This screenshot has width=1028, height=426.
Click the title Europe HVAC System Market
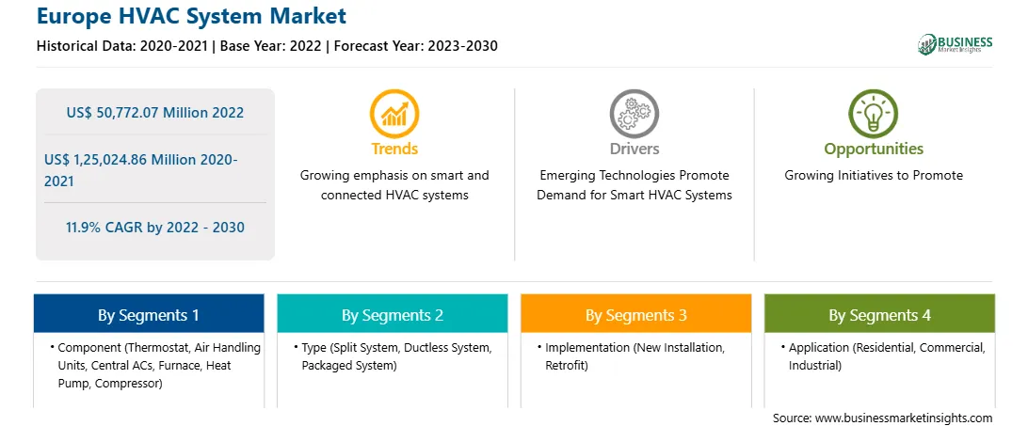coord(191,16)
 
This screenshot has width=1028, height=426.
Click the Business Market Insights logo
coord(956,44)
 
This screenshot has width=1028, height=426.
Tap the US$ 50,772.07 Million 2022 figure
coord(154,112)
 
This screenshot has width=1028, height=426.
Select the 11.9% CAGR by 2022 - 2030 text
coord(154,228)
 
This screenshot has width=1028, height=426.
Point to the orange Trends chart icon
coord(394,114)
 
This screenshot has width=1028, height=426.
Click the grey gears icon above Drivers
coord(634,114)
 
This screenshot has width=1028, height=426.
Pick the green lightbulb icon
coord(874,114)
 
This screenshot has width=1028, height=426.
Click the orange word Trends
coord(394,149)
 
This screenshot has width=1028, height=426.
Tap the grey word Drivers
coord(634,149)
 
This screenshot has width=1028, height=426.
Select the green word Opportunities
coord(874,150)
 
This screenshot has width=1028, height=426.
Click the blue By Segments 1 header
coord(149,315)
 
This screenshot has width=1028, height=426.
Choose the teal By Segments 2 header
coord(392,315)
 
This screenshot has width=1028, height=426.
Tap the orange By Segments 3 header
coord(636,315)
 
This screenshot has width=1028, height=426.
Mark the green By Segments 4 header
coord(880,315)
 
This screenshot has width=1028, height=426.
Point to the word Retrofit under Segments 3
coord(567,366)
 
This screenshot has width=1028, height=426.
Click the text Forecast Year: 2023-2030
coord(416,46)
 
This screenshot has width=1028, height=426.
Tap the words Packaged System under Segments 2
coord(348,366)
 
